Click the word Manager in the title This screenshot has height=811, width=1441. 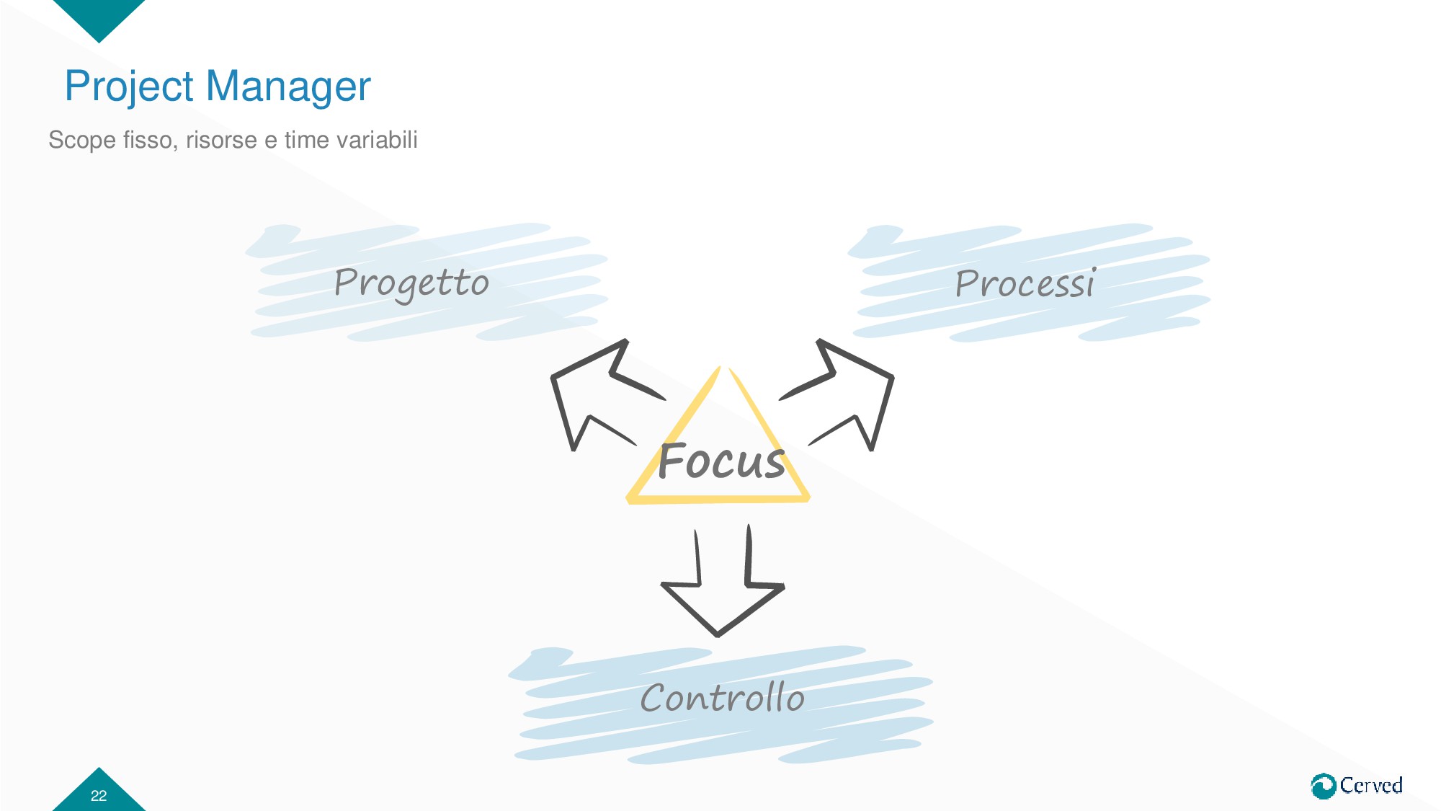click(x=288, y=87)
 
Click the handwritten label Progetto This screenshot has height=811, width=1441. click(x=411, y=283)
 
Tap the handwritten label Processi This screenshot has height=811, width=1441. click(x=1024, y=283)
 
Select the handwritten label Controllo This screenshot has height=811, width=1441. click(x=722, y=698)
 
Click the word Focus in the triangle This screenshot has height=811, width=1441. click(x=721, y=461)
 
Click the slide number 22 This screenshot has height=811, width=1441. click(x=99, y=795)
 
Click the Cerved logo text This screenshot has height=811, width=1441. click(x=1371, y=785)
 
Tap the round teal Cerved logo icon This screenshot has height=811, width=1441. click(x=1323, y=786)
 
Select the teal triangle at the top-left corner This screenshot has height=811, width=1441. click(x=99, y=16)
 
